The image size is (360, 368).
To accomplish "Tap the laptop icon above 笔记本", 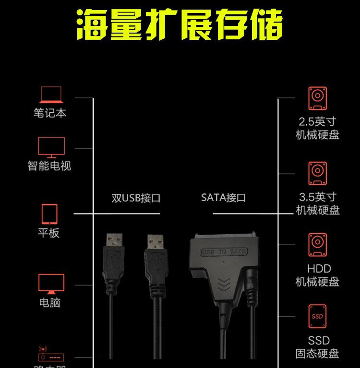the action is click(x=51, y=95).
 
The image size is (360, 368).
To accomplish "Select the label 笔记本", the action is click(x=50, y=113).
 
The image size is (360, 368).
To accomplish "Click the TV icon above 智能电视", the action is click(x=51, y=147).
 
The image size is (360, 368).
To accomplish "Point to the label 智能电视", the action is click(x=49, y=166).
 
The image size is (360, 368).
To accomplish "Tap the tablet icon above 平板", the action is click(x=49, y=214).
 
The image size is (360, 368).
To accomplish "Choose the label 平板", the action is click(x=49, y=233).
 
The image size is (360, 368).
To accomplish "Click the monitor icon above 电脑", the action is click(x=51, y=284).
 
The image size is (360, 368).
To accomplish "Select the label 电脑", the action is click(x=50, y=303).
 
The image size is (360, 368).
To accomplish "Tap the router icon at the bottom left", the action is click(x=50, y=354).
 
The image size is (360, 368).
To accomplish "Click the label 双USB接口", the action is click(x=136, y=198).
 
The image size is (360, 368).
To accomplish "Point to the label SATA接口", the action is click(x=223, y=197).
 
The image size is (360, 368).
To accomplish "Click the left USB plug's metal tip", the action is click(x=114, y=240).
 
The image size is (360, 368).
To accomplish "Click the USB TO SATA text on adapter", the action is click(x=224, y=251).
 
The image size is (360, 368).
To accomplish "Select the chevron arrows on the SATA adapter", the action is click(x=224, y=283).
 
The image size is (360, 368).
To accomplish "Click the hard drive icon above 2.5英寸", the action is click(x=317, y=99).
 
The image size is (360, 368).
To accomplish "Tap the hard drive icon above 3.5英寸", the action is click(x=317, y=174).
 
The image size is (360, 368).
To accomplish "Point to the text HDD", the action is click(x=319, y=269).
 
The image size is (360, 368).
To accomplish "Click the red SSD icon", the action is click(x=317, y=316).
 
